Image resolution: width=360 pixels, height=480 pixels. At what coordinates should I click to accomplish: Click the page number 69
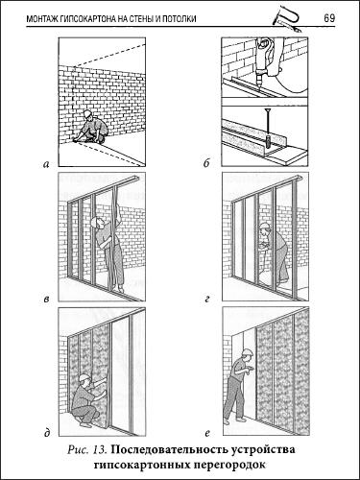329,18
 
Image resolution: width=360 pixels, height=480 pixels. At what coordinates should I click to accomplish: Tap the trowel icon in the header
287,19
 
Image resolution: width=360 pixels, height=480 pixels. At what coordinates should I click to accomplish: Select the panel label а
46,164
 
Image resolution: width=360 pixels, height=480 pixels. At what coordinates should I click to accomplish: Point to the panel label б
206,163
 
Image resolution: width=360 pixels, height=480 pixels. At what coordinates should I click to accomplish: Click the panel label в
46,300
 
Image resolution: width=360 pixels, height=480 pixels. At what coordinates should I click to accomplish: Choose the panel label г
206,300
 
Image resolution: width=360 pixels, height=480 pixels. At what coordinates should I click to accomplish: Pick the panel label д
47,433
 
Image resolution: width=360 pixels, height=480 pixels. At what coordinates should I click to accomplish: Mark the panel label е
206,434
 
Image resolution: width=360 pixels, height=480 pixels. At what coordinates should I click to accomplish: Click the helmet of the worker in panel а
87,113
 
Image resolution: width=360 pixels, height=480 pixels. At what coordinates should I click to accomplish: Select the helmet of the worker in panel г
264,226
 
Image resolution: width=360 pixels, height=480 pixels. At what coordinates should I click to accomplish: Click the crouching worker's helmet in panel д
84,377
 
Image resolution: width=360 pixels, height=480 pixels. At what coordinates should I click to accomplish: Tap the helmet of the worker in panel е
246,351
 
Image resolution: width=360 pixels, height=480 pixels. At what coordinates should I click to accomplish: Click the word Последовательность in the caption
169,449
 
